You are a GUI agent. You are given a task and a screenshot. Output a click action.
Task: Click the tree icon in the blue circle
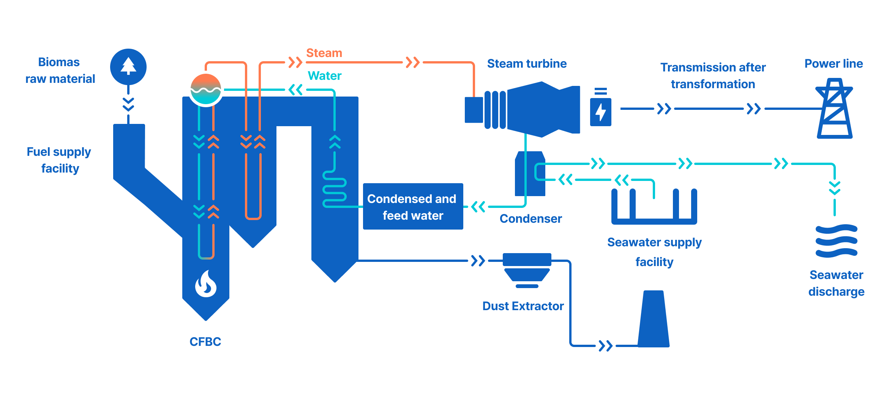point(128,67)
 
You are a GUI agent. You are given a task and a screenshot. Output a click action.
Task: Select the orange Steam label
point(324,53)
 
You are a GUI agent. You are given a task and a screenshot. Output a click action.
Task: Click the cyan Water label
point(324,76)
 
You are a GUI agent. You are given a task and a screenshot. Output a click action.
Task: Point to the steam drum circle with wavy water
point(206,89)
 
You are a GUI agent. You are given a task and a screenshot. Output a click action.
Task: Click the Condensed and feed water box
point(413,206)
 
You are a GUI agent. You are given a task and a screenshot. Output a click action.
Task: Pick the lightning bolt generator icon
point(600,112)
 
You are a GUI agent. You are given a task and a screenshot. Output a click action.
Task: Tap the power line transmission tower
point(834,109)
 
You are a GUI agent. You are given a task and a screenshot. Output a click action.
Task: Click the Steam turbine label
point(527,63)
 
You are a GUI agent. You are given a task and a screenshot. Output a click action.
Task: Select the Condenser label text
point(530,219)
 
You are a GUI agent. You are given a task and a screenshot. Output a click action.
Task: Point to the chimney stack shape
point(653,319)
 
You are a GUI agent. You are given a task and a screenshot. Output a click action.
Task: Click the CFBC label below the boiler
point(205,342)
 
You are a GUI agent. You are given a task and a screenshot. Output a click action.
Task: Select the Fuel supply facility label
point(59,160)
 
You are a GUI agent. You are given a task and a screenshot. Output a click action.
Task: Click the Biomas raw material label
point(60,70)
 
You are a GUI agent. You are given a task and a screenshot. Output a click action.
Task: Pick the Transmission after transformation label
point(713,76)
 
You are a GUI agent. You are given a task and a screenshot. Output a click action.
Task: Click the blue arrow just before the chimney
point(605,346)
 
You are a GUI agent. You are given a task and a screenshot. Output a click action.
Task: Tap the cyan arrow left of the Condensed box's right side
point(478,207)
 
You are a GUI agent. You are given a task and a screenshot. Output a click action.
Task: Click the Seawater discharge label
point(836,283)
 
